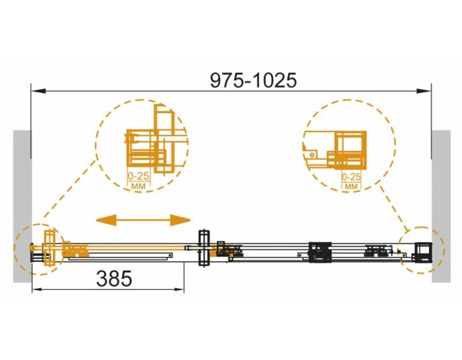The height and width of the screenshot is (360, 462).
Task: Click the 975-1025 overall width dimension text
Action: click(253, 80)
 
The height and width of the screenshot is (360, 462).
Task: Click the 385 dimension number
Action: click(114, 279)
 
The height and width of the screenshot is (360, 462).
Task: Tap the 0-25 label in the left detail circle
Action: click(139, 176)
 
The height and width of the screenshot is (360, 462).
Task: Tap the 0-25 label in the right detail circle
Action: click(351, 177)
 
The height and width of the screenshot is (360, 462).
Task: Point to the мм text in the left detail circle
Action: click(138, 186)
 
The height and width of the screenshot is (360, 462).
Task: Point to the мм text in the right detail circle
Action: click(351, 187)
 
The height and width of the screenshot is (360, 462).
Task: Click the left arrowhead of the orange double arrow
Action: click(106, 220)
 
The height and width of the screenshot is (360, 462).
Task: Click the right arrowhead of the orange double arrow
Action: click(180, 220)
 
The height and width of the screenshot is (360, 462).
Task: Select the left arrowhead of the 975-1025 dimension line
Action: click(38, 91)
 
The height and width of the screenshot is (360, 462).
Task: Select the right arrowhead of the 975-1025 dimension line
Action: click(424, 91)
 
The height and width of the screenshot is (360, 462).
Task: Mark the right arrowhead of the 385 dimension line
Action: click(178, 290)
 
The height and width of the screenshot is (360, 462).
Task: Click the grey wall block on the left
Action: click(22, 206)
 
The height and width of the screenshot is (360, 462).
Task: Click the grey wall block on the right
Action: click(441, 206)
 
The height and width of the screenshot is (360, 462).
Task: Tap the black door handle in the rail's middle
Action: click(204, 248)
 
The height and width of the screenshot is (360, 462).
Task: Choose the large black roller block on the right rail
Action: click(320, 252)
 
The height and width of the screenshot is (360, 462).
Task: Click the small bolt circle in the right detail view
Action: click(312, 154)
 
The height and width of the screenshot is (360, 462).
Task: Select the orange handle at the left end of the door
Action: click(49, 248)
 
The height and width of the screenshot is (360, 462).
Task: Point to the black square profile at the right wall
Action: click(423, 252)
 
